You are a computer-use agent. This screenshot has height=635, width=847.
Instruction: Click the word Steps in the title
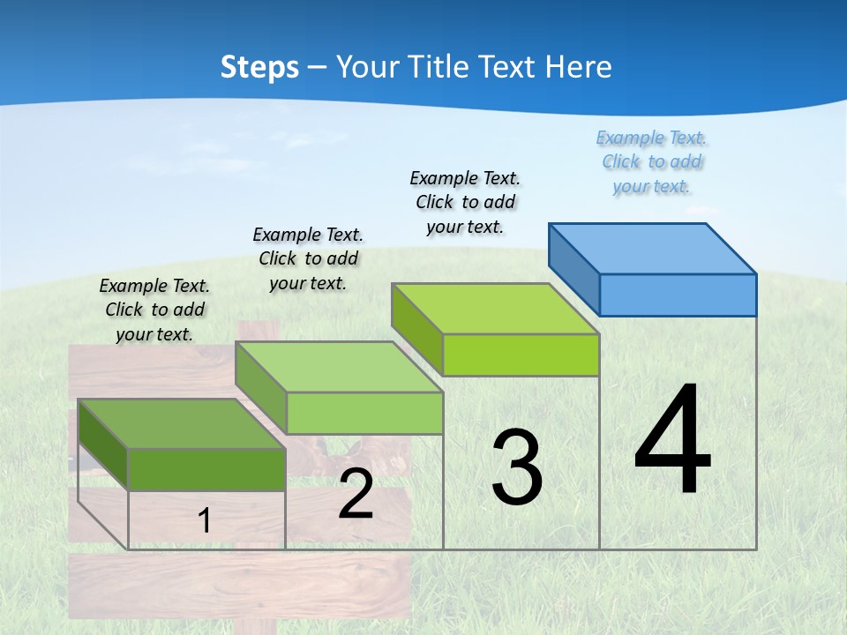(259, 67)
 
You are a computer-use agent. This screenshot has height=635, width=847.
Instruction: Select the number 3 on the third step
(517, 468)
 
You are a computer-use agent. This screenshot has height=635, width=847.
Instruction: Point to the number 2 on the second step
(356, 495)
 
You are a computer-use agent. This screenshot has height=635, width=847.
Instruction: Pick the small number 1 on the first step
(205, 521)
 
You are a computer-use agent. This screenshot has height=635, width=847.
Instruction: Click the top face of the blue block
(653, 248)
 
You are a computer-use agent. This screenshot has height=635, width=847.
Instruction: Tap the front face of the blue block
(678, 295)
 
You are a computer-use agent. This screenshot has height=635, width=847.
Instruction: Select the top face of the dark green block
(182, 423)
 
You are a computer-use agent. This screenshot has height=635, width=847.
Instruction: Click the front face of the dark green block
(206, 469)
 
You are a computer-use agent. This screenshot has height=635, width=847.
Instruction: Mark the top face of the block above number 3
(495, 309)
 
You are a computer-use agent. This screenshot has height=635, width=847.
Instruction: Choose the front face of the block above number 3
(521, 355)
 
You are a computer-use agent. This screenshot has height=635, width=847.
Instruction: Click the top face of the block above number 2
(339, 367)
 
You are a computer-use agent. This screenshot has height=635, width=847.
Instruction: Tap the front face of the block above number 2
(364, 413)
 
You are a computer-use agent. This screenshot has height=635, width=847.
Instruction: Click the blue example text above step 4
(651, 162)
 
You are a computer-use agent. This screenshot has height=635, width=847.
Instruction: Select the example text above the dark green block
(154, 310)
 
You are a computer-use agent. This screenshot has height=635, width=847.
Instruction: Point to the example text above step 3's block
(465, 202)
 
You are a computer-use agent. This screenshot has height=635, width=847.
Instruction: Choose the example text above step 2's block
(308, 258)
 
